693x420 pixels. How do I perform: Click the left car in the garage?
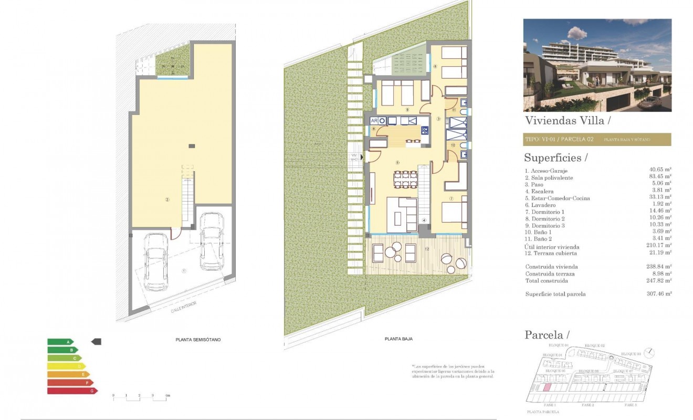coord(156,261)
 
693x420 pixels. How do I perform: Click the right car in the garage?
coord(212,240)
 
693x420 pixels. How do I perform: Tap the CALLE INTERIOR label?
coord(182,310)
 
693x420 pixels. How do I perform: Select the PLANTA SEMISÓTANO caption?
coord(198,340)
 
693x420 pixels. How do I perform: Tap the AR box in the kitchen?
coord(374,121)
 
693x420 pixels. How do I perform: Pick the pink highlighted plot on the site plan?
coord(547,388)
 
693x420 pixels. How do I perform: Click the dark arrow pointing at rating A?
coord(96,342)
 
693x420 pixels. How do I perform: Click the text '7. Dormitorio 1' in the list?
coord(547,212)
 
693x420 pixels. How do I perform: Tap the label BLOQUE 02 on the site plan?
coord(595,345)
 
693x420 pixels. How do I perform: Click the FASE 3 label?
coord(631,405)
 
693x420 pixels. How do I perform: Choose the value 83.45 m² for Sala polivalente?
coord(660,178)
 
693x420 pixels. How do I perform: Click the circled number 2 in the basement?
coord(167,199)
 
